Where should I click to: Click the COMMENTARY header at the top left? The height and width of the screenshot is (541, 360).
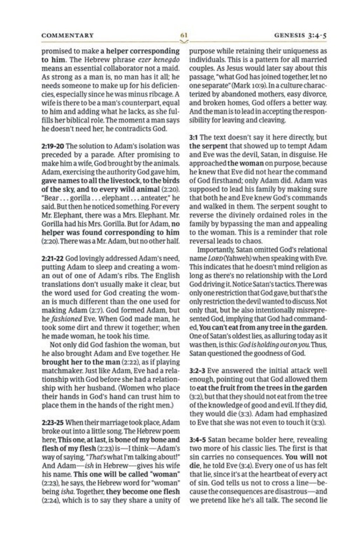click(x=67, y=35)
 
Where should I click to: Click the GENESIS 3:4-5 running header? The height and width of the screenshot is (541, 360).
click(x=301, y=35)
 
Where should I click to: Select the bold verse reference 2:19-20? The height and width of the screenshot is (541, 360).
click(x=53, y=146)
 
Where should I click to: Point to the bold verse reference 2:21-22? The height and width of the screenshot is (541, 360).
click(x=53, y=259)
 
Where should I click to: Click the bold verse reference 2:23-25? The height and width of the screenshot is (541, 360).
click(x=53, y=422)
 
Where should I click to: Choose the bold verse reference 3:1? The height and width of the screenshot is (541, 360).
click(x=193, y=137)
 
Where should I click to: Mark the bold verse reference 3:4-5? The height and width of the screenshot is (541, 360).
click(x=199, y=440)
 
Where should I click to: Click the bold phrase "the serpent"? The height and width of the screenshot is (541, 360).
click(x=208, y=146)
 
